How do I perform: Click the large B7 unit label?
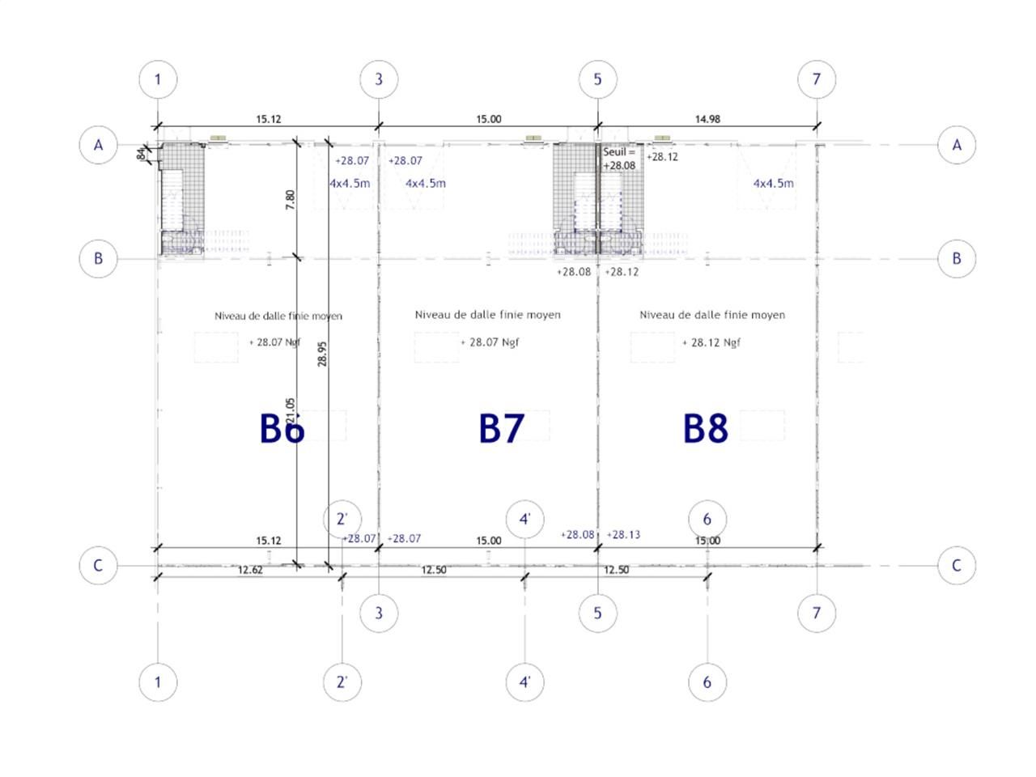(502, 428)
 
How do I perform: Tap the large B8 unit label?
(706, 428)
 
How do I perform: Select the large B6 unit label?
(282, 428)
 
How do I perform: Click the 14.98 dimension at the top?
(707, 119)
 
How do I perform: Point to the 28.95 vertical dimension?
(322, 354)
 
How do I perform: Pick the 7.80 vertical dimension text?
(291, 199)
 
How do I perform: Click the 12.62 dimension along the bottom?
(250, 570)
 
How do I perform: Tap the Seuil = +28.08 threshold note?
(619, 159)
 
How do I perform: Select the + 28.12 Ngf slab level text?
(711, 342)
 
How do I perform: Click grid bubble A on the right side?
(957, 145)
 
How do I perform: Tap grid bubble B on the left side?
(99, 259)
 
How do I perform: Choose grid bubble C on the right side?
(957, 565)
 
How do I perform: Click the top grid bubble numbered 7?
(816, 79)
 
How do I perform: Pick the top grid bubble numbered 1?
(158, 79)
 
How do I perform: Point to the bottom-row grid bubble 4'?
(524, 681)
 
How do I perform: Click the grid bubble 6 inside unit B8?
(707, 519)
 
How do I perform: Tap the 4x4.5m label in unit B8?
(773, 183)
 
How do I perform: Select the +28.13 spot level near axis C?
(623, 534)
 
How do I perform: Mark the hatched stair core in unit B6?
(181, 198)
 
